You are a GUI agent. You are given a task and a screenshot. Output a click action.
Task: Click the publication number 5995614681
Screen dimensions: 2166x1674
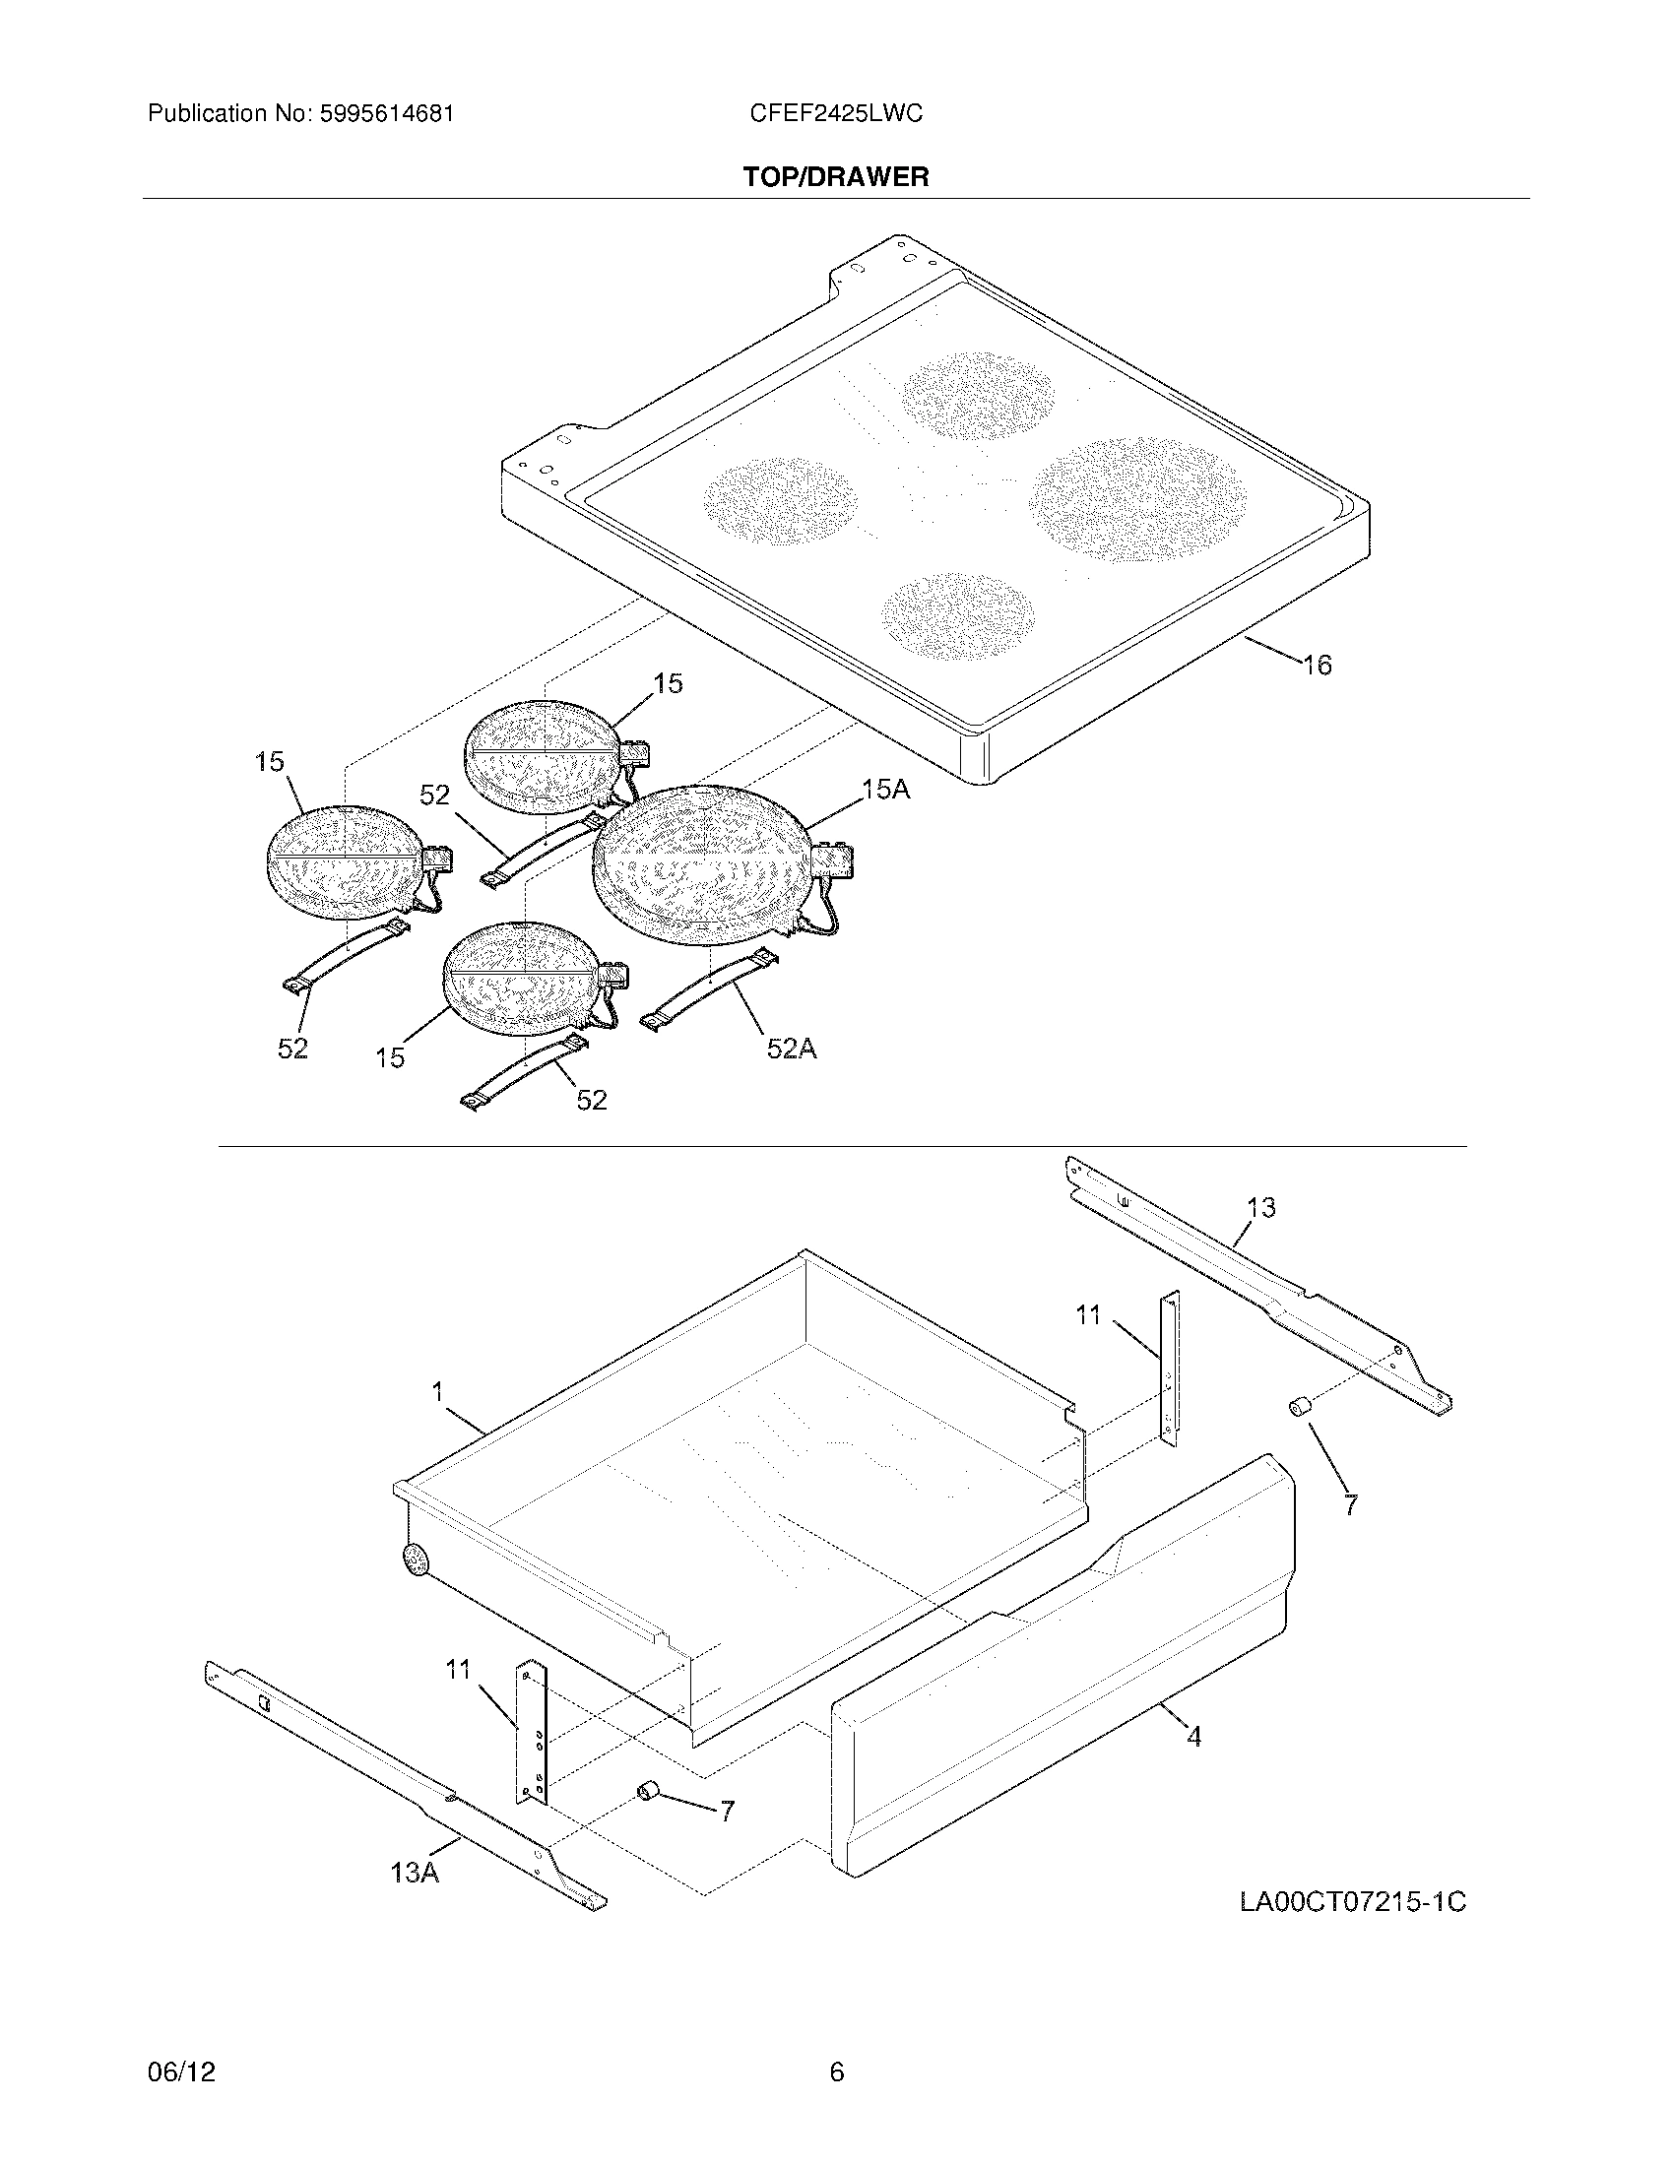(x=387, y=114)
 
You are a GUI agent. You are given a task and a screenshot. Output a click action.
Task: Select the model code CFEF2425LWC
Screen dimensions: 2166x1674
(x=836, y=114)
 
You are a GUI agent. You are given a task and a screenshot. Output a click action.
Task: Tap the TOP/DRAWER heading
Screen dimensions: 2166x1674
(x=836, y=177)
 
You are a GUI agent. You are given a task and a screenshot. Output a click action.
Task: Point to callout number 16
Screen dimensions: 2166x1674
(x=1317, y=666)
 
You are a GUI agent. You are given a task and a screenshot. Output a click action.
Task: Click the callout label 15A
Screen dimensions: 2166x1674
(x=884, y=790)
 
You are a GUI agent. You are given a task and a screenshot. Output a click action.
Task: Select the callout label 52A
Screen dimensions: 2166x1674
(x=791, y=1049)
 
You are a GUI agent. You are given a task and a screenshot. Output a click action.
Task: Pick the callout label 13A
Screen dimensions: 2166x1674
(x=415, y=1873)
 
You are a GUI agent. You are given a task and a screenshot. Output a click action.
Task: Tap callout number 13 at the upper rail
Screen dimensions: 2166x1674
(x=1260, y=1208)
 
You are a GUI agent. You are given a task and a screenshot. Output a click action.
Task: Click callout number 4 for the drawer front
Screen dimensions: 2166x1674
(x=1194, y=1737)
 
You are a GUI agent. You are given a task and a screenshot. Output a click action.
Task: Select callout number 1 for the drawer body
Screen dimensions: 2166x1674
(x=437, y=1392)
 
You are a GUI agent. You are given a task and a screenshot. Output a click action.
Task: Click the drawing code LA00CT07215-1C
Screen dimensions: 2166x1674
(x=1352, y=1902)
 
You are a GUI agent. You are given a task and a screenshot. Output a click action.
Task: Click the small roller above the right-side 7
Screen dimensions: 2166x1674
(x=1300, y=1406)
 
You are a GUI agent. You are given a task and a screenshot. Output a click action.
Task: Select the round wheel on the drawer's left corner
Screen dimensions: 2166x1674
(x=416, y=1561)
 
